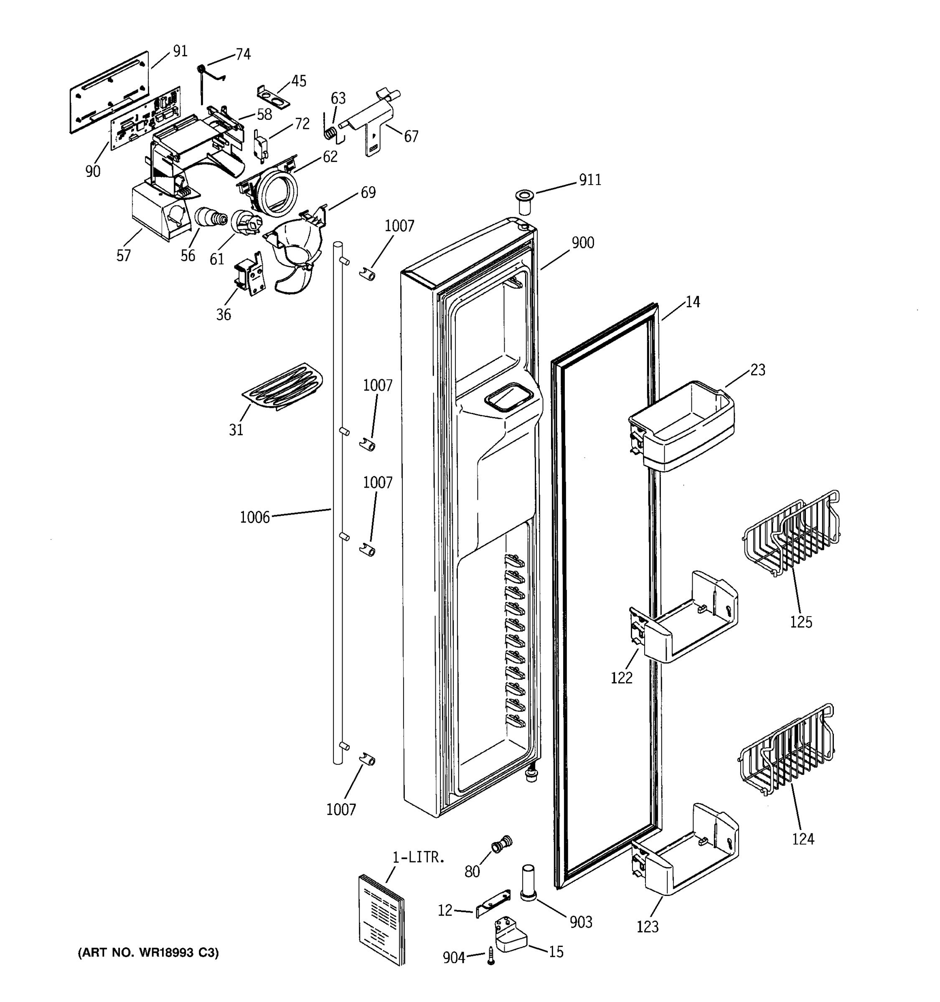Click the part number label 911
[589, 180]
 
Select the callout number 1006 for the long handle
[255, 517]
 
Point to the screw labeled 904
[490, 956]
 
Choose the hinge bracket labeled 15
[509, 937]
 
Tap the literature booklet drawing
[382, 920]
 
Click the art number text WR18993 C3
[149, 953]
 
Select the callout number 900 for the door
[582, 243]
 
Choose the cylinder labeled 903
[528, 883]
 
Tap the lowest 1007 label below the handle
[341, 810]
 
